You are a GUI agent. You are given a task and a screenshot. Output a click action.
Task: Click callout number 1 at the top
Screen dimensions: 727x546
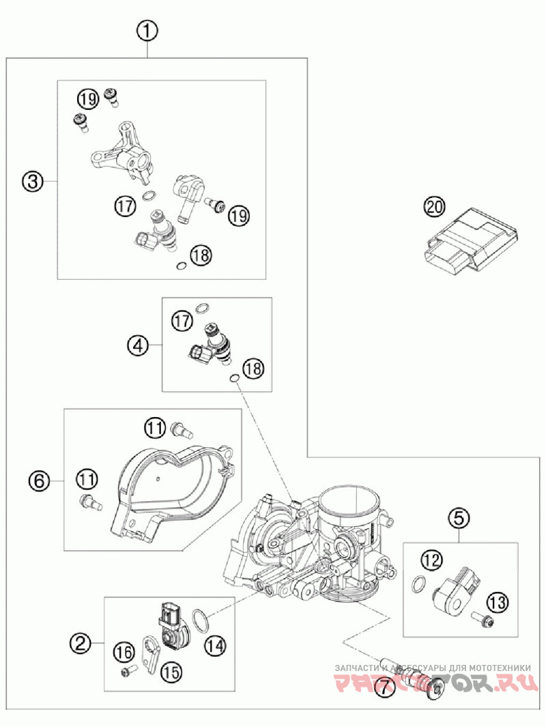[147, 31]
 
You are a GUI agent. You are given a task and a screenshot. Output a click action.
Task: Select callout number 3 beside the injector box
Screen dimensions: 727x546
[32, 181]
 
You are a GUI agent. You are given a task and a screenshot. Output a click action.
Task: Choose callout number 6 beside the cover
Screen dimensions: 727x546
[39, 481]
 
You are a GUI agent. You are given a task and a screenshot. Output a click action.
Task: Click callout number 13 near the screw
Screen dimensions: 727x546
[498, 602]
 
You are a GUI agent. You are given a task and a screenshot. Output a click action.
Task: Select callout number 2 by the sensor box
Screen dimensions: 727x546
[81, 642]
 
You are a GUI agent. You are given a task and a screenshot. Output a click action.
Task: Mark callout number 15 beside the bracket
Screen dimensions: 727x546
[171, 672]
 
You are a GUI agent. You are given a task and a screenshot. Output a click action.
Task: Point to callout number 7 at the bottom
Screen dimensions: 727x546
[384, 689]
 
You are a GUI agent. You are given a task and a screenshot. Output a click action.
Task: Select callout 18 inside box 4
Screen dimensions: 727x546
[252, 369]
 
